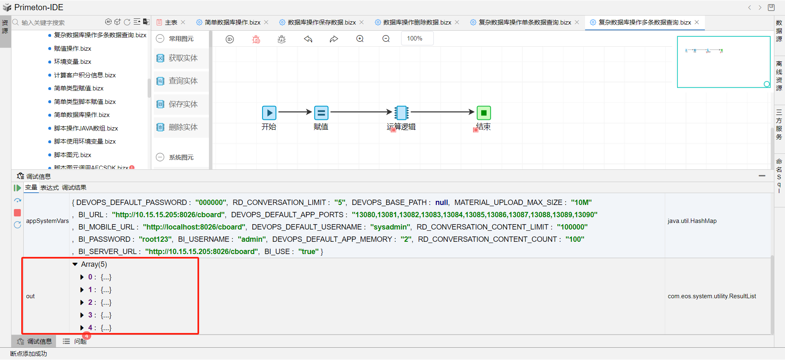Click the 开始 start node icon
click(x=269, y=112)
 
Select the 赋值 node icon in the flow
click(x=321, y=112)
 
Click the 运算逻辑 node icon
click(x=401, y=112)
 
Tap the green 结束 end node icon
click(x=484, y=112)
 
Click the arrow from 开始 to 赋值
click(x=295, y=112)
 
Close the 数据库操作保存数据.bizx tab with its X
click(x=361, y=22)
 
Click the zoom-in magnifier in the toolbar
click(x=360, y=39)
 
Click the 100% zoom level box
click(x=415, y=38)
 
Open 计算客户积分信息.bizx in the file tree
click(x=85, y=75)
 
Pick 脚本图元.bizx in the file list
click(x=72, y=155)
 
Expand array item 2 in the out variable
click(x=82, y=303)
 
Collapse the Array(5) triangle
click(x=75, y=264)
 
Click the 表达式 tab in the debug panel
click(x=49, y=188)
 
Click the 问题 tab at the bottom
click(x=80, y=341)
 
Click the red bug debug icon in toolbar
click(x=256, y=39)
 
